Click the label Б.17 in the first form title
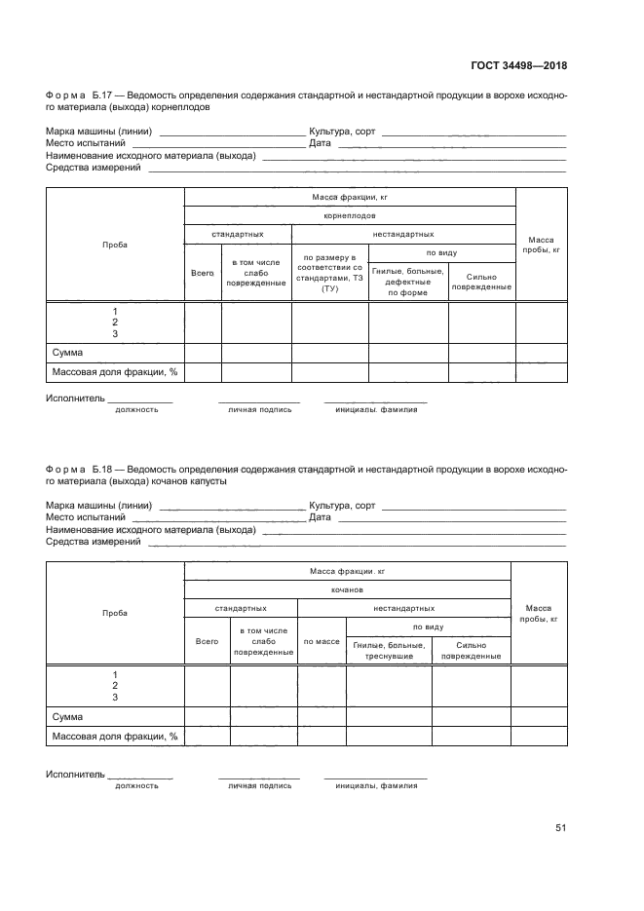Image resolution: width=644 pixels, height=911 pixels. [103, 95]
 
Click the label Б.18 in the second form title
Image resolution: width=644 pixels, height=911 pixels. [103, 469]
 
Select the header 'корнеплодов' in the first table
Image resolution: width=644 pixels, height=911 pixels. [350, 215]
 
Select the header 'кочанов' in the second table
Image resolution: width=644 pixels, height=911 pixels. [349, 589]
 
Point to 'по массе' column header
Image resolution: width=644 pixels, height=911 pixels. [322, 642]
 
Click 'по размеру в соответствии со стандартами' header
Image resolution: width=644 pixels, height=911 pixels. [330, 273]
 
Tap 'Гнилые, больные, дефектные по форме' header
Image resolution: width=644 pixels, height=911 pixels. [408, 281]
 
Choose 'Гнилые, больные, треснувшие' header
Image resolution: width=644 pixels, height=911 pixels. [389, 651]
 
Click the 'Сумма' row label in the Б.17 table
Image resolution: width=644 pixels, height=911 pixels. [67, 353]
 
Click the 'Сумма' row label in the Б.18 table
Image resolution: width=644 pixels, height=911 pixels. [67, 716]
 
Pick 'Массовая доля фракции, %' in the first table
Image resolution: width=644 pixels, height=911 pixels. [114, 372]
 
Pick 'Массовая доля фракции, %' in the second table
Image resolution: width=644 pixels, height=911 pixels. [114, 737]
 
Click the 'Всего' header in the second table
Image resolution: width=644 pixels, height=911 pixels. [207, 642]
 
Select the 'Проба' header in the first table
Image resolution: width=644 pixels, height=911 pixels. [115, 244]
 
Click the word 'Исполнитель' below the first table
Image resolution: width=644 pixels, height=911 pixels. [75, 398]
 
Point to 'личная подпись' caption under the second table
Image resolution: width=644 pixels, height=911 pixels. [259, 785]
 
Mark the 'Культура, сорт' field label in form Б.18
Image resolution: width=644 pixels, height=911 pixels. [342, 506]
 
